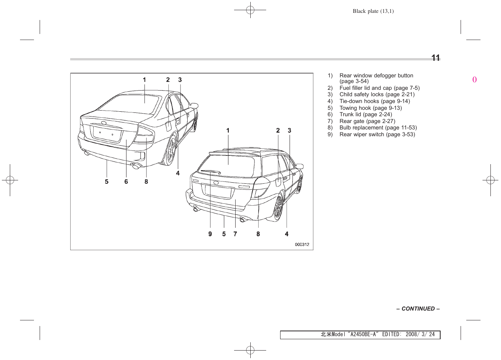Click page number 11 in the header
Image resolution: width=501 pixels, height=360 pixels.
[x=435, y=58]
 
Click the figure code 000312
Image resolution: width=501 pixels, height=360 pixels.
[x=302, y=245]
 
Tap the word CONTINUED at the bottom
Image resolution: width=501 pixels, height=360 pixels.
[x=418, y=309]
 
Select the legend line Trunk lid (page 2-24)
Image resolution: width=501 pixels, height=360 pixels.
[x=365, y=114]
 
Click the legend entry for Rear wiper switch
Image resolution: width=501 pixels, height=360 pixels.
[x=377, y=134]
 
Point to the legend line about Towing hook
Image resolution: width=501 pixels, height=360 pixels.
[x=370, y=108]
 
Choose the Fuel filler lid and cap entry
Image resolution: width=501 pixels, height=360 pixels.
[x=379, y=88]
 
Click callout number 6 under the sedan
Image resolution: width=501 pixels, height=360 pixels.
[x=126, y=182]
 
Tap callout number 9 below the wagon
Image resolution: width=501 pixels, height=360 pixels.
[x=210, y=234]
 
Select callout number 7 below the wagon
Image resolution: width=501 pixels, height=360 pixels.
[x=235, y=234]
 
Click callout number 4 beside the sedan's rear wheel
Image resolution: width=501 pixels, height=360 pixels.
[x=178, y=173]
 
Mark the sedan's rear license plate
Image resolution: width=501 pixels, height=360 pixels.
[x=107, y=134]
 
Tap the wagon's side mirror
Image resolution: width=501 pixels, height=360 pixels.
[x=300, y=166]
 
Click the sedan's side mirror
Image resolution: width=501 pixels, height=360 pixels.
[x=194, y=106]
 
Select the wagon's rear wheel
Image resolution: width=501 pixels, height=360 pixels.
[x=278, y=207]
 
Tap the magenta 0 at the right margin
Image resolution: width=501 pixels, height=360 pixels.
[x=475, y=80]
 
